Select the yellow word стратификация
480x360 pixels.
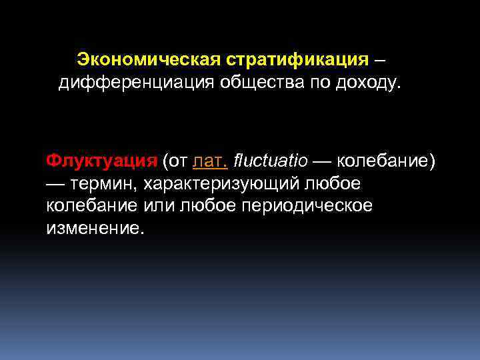click(x=297, y=60)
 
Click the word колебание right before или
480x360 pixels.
click(x=92, y=205)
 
